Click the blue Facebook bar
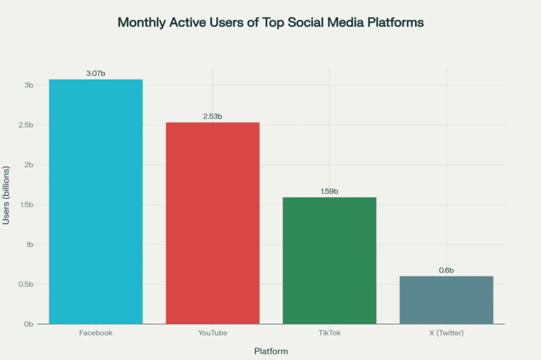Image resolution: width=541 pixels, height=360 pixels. pos(96,201)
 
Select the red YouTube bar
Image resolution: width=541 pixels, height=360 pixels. pos(212,223)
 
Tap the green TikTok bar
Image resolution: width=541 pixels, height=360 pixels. pos(329,260)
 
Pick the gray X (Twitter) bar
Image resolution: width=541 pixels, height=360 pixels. pos(446,300)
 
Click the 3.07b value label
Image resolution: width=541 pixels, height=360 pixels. pos(96,73)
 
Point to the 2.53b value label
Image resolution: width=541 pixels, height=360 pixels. pos(212,116)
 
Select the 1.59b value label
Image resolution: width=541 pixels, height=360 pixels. pos(329,191)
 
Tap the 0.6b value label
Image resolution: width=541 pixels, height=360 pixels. pos(446,270)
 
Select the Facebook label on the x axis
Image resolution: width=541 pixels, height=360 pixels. pos(96,333)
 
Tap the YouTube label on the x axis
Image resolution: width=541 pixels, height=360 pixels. pos(212,333)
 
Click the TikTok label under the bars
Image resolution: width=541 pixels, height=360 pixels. pos(329,333)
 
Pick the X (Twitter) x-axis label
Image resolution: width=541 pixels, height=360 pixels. pos(446,333)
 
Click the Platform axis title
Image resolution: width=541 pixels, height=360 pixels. pos(271,351)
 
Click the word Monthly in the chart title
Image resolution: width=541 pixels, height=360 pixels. pos(140,23)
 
